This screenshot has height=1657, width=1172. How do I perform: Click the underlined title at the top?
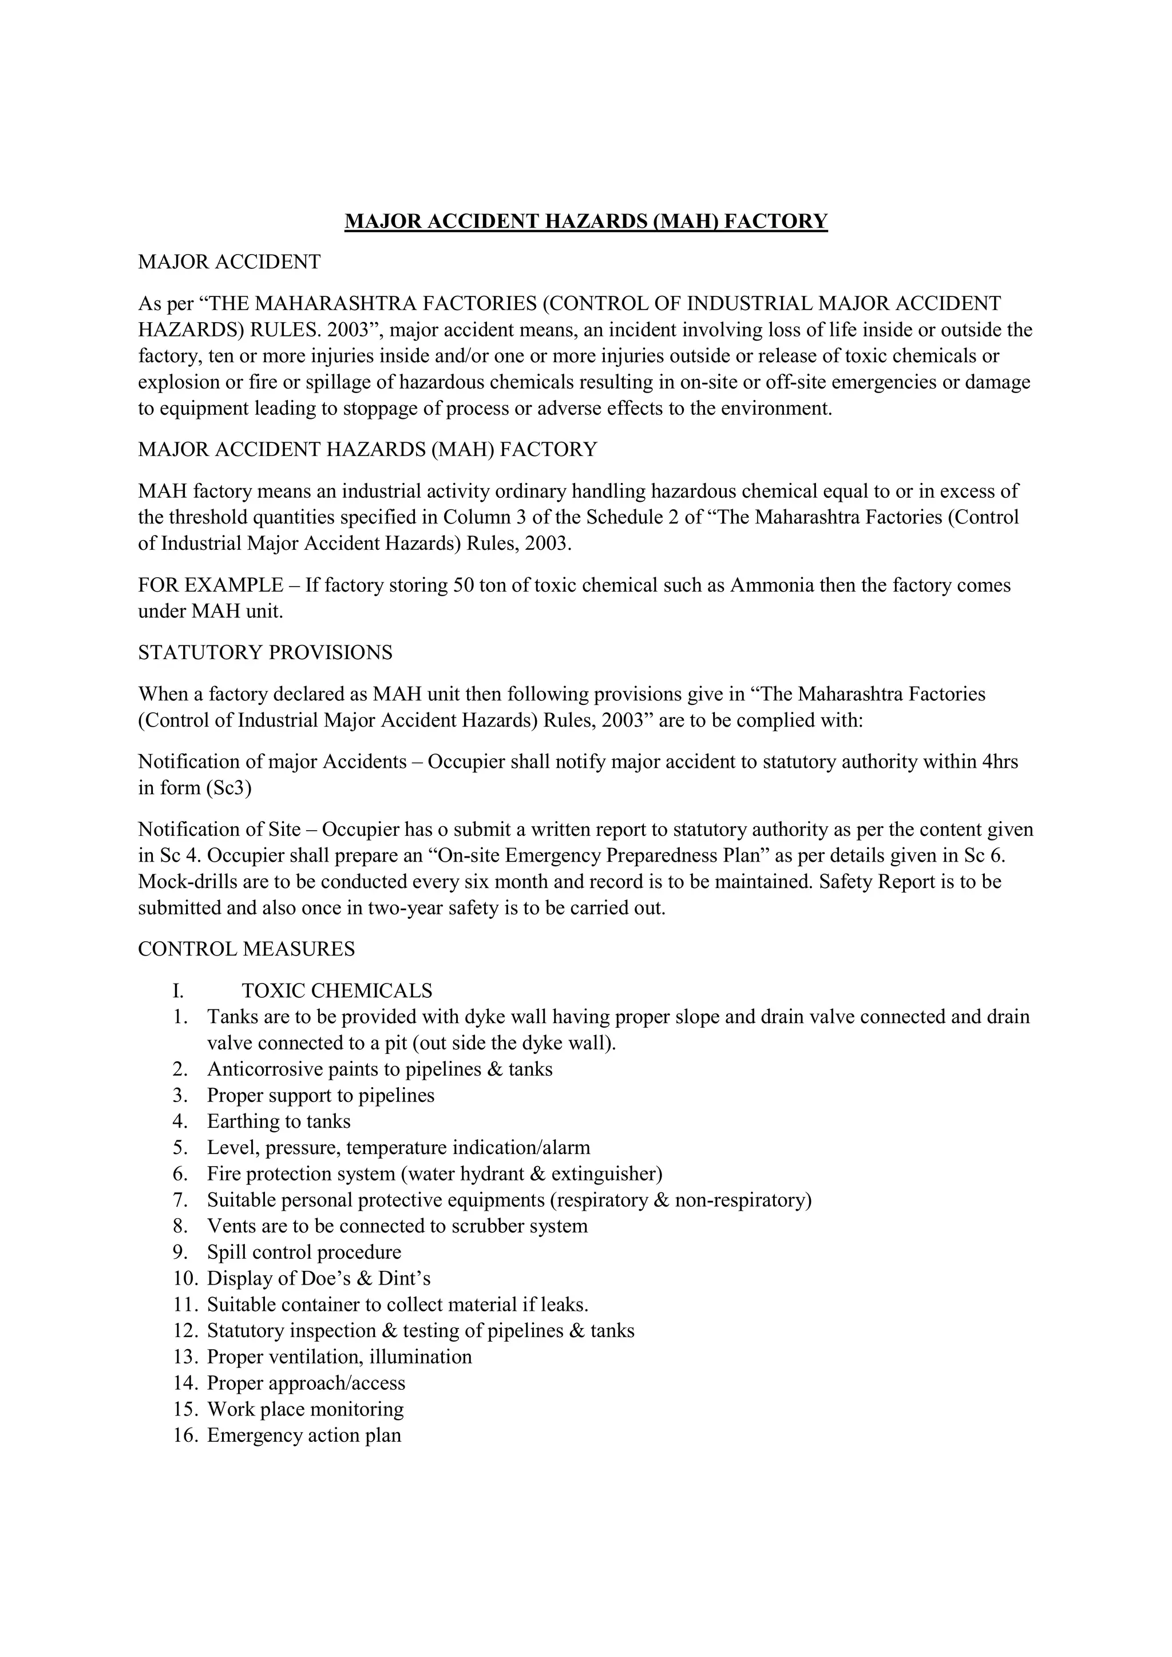pyautogui.click(x=586, y=221)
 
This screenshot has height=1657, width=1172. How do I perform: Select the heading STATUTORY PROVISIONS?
pyautogui.click(x=265, y=652)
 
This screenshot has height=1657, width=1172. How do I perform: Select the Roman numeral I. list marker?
pyautogui.click(x=179, y=990)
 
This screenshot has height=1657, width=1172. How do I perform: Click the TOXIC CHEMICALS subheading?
pyautogui.click(x=337, y=990)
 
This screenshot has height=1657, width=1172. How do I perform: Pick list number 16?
pyautogui.click(x=185, y=1435)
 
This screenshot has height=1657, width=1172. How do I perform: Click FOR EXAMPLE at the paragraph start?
pyautogui.click(x=210, y=585)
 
